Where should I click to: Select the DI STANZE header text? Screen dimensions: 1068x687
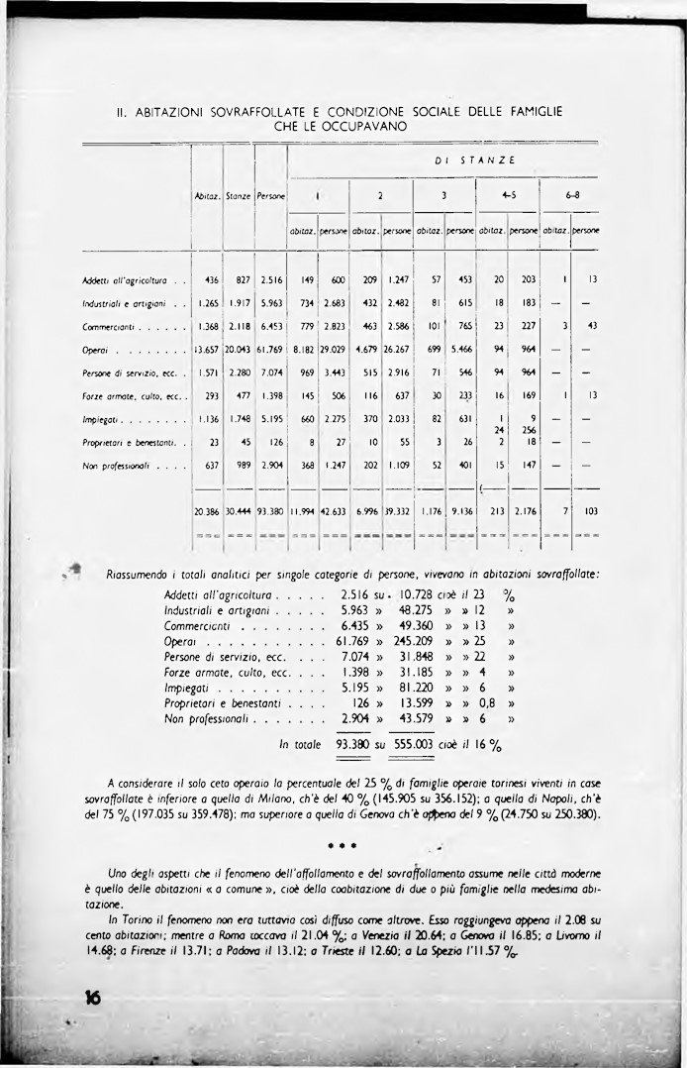coord(474,160)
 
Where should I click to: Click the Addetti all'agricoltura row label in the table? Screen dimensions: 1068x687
coord(124,279)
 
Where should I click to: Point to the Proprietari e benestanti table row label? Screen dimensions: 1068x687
coord(130,443)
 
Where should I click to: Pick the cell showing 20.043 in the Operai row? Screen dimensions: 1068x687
coord(239,350)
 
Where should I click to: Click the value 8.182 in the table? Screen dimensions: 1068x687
coord(303,350)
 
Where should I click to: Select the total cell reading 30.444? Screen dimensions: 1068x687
coord(239,511)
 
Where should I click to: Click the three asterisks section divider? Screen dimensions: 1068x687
coord(343,848)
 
